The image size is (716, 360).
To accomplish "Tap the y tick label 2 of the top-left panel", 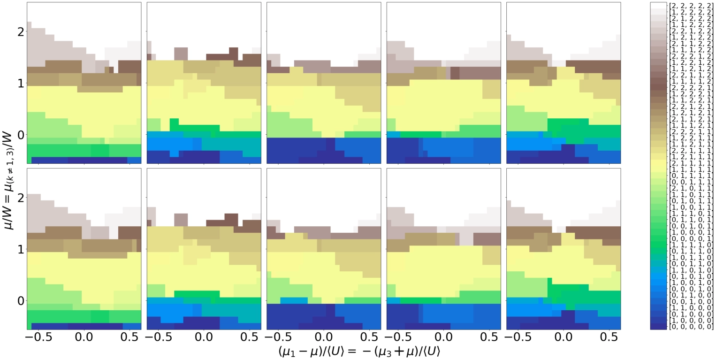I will (x=20, y=32).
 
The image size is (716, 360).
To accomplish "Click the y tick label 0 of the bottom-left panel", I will (x=20, y=301).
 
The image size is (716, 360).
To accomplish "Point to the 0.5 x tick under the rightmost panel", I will (x=609, y=338).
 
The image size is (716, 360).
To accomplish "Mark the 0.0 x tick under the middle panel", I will (x=323, y=338).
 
